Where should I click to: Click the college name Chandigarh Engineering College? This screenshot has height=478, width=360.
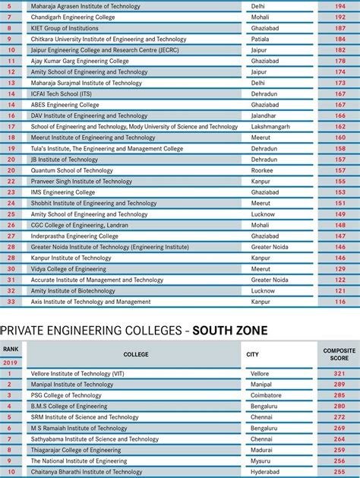pos(73,17)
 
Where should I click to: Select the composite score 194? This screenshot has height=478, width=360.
pos(340,6)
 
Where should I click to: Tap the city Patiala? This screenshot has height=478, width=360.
pos(261,39)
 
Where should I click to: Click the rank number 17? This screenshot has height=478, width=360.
pos(11,127)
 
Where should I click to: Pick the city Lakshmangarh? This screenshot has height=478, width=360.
pos(271,127)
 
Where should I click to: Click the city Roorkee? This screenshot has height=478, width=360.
pos(262,171)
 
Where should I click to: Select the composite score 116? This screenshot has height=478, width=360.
pos(340,302)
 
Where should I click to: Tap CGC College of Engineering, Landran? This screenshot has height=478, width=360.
pos(80,225)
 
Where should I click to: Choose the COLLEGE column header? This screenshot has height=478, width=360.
pos(136,354)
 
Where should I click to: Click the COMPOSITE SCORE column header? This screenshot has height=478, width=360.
pos(339,354)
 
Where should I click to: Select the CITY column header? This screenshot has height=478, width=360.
pos(252,354)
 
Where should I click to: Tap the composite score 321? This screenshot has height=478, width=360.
pos(339,374)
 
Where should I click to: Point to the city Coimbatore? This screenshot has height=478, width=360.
pos(266,395)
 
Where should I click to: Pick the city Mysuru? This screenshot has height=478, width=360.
pos(261,461)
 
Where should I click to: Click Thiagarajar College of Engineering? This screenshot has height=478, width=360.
pos(75,450)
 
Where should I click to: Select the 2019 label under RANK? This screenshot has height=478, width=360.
pos(11,362)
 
